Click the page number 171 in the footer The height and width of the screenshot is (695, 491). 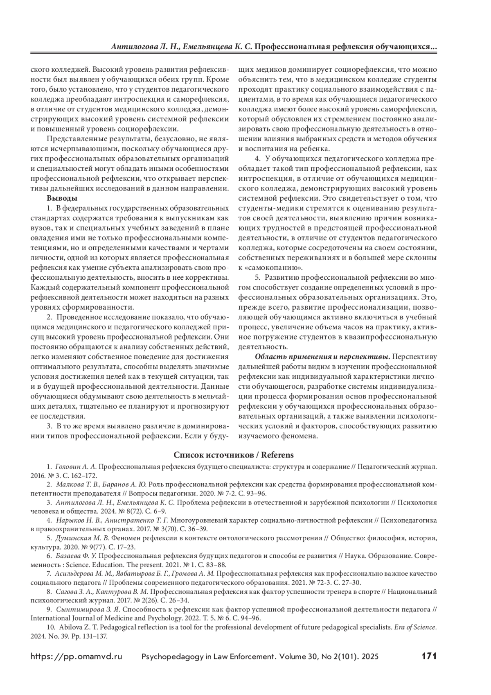[x=429, y=656]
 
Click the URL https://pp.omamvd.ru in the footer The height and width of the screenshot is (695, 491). [x=77, y=657]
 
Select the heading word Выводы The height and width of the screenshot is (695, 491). [x=62, y=199]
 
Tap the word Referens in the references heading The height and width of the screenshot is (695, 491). [x=278, y=455]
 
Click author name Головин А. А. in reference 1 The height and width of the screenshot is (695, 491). [x=75, y=466]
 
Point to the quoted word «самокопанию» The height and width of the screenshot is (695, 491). [x=270, y=268]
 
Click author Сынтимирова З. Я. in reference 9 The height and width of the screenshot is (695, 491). [x=86, y=609]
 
